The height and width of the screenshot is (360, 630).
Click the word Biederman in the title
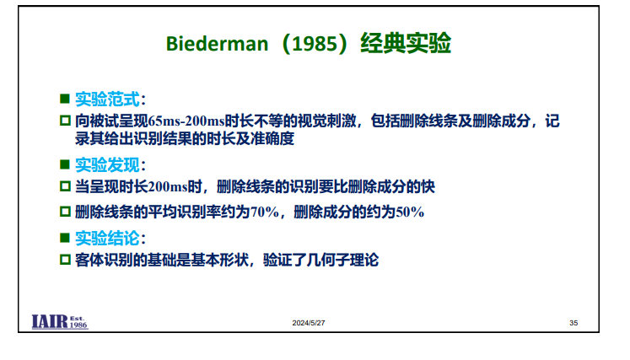pos(217,43)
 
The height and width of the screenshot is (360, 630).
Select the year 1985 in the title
pos(315,43)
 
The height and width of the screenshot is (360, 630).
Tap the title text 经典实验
pos(406,43)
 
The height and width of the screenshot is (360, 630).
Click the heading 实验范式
pos(107,99)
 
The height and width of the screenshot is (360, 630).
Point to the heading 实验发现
pos(107,164)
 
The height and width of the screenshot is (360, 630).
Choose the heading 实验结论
pos(107,239)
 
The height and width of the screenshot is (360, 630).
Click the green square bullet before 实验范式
pos(65,99)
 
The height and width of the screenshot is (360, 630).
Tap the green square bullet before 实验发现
pos(65,164)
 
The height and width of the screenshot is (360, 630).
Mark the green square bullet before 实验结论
pos(65,238)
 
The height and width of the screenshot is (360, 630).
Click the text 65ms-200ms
pos(186,121)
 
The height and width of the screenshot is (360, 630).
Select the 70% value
pos(265,212)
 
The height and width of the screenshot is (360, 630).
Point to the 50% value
pos(410,212)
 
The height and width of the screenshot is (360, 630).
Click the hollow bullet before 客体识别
pos(65,260)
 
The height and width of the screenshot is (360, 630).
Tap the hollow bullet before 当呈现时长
pos(65,186)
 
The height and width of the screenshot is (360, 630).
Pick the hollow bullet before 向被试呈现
pos(65,121)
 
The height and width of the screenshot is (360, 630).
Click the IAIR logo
pos(60,322)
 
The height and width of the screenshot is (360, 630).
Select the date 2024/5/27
pos(309,323)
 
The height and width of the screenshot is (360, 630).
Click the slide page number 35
pos(573,323)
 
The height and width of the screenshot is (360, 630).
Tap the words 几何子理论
pos(342,260)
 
